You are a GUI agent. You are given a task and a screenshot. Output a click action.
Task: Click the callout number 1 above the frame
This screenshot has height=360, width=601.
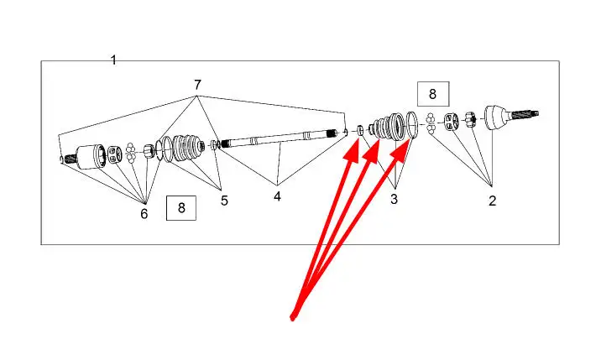tap(114, 60)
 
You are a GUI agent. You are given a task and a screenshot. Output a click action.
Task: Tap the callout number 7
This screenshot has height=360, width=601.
tap(197, 85)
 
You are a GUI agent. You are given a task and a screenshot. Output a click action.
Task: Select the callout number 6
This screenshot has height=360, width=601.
tap(144, 214)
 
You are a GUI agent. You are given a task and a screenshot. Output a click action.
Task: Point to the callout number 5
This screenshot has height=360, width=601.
tap(224, 201)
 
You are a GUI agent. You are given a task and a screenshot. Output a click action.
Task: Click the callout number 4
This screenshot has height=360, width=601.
tap(278, 196)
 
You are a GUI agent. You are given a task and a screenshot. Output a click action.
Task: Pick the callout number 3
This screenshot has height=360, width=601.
tap(395, 199)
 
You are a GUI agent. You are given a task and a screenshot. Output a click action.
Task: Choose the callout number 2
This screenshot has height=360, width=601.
tap(493, 201)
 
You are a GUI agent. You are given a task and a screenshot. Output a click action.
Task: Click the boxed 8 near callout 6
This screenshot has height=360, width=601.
tap(181, 206)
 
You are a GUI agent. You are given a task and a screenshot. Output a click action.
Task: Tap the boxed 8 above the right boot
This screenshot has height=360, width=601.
tap(433, 94)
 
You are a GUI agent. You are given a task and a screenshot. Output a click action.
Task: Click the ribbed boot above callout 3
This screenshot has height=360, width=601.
tap(388, 128)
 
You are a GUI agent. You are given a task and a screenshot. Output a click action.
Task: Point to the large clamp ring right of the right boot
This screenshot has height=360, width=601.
tap(412, 124)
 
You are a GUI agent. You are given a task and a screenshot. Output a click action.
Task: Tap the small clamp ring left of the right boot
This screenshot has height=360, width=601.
tap(362, 131)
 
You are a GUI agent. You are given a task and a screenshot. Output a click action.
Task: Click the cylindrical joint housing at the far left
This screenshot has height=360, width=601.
tap(88, 156)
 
